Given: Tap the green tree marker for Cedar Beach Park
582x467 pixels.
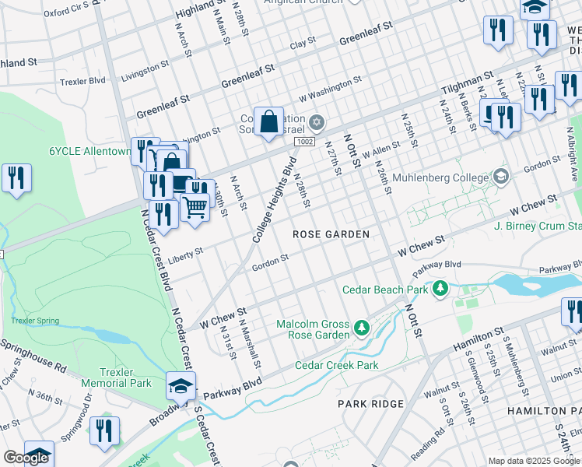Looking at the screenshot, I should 441,290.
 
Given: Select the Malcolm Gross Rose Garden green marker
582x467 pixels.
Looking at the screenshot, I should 361,329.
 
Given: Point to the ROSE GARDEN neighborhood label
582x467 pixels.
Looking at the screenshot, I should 331,234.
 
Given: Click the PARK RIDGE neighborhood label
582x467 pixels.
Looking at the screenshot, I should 370,404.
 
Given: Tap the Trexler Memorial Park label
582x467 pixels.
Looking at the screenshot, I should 125,377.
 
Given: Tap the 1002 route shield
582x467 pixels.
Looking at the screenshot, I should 304,141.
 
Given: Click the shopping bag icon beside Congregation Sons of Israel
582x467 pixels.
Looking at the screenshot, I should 268,122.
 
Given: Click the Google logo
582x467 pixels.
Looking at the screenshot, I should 26,458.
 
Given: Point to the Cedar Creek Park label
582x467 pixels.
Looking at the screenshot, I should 336,365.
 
